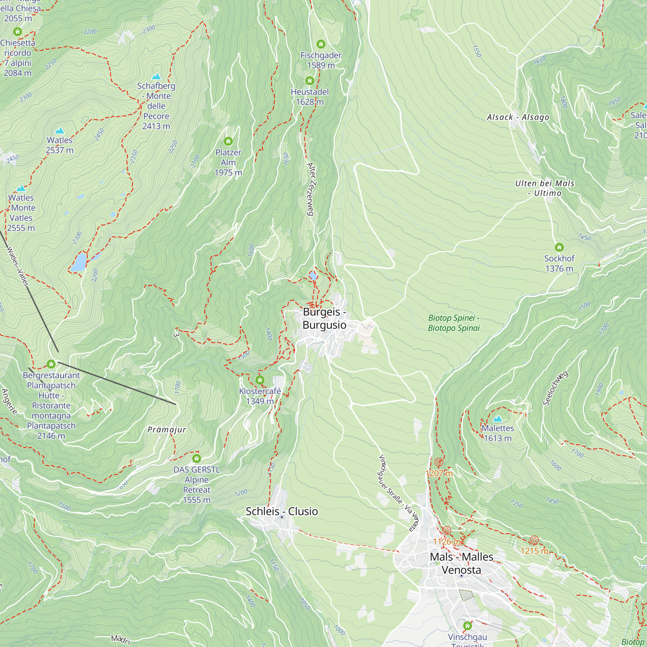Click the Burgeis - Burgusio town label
324,318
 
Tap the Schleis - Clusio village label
282,511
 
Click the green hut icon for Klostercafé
260,380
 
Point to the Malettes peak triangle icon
498,419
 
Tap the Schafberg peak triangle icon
156,77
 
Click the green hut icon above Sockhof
559,247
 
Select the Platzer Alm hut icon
228,141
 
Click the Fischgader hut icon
321,44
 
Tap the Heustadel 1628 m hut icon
310,80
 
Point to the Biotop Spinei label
454,323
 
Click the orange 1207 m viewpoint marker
439,463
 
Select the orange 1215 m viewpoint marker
534,540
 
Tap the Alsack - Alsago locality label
518,117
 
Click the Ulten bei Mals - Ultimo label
544,188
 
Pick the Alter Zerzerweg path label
311,189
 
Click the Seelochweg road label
555,389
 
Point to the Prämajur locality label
166,430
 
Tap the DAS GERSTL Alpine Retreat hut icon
197,458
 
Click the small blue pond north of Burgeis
313,276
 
